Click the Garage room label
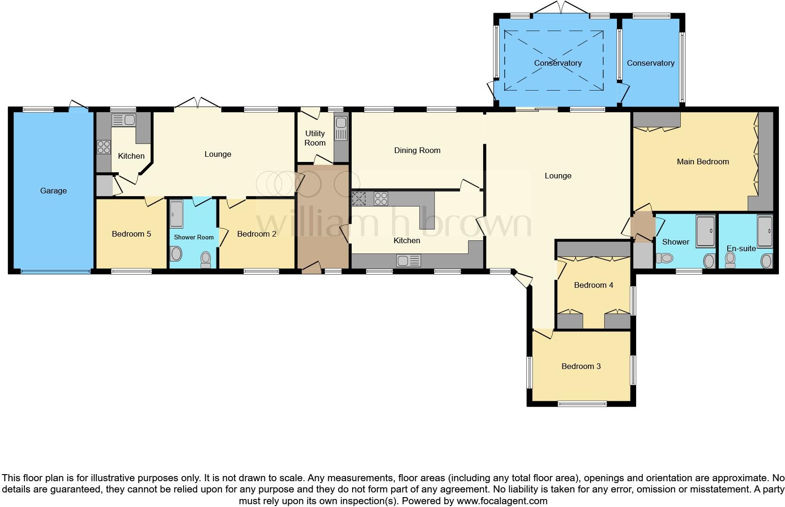(53, 191)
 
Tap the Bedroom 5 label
(131, 234)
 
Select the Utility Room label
(315, 138)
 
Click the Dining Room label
(417, 150)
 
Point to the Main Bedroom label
(702, 161)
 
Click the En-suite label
(741, 248)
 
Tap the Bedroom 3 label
(581, 366)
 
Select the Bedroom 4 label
(593, 285)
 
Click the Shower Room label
(193, 237)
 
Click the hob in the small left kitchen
(104, 147)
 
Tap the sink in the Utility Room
(340, 128)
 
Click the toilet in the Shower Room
(206, 259)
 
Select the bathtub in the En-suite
(765, 231)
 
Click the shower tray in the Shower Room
(176, 214)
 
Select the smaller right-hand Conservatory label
(650, 63)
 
